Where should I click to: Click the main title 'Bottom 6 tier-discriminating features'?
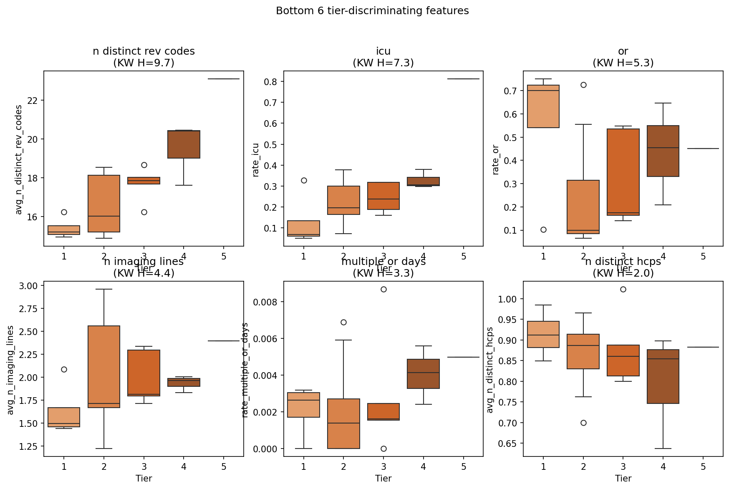tap(372, 11)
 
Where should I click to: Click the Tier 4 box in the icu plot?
tap(424, 181)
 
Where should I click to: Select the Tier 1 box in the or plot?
tap(543, 106)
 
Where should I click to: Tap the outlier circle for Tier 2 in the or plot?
tap(583, 85)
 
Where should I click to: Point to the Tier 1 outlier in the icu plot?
tap(304, 180)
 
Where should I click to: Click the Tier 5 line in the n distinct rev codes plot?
tap(224, 79)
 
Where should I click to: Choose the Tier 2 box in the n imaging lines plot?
tap(104, 366)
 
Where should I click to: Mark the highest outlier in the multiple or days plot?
tap(383, 289)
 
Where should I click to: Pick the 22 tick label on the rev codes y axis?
tap(32, 101)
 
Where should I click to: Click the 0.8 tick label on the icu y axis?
tap(271, 81)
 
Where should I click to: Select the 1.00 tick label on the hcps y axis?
tap(508, 299)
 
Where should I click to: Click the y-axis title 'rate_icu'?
tap(256, 160)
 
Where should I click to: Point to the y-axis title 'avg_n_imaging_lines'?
tap(10, 370)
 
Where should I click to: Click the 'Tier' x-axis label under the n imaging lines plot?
tap(144, 478)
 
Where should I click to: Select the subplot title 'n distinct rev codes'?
tap(144, 51)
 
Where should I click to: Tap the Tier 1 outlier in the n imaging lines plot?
tap(64, 369)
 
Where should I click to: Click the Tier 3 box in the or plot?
tap(623, 172)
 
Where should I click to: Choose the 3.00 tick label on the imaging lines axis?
tap(28, 286)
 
